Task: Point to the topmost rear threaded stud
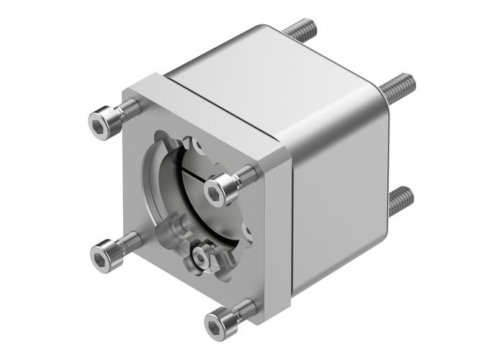tap(300, 31)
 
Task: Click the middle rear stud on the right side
tap(397, 89)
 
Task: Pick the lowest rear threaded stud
tap(400, 199)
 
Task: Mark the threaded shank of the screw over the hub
tap(245, 175)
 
